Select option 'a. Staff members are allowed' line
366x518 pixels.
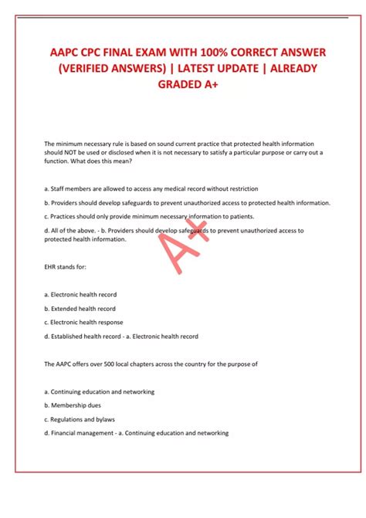click(x=151, y=188)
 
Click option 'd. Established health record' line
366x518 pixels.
click(x=121, y=337)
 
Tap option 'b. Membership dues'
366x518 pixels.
click(x=73, y=405)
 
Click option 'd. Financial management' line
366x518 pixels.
click(x=137, y=433)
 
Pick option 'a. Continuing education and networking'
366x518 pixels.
click(x=100, y=391)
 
